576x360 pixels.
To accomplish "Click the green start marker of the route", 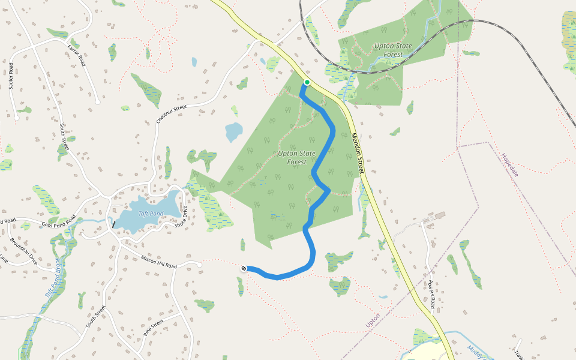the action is point(307,82).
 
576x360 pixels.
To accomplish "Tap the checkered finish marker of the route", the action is point(244,268).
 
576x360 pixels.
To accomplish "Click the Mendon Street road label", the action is point(358,154).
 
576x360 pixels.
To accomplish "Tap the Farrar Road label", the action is point(76,55).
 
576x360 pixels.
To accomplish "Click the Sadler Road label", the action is point(12,75).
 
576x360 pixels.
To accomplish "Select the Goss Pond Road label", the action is point(58,223).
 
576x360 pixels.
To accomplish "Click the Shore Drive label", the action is point(181,217).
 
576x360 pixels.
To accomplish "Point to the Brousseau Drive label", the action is point(24,252).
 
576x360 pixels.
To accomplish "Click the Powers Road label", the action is point(431,294).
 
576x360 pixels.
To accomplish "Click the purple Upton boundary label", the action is point(373,320).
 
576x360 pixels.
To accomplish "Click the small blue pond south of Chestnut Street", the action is point(233,131).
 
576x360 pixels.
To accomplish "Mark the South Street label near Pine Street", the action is point(95,316).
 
